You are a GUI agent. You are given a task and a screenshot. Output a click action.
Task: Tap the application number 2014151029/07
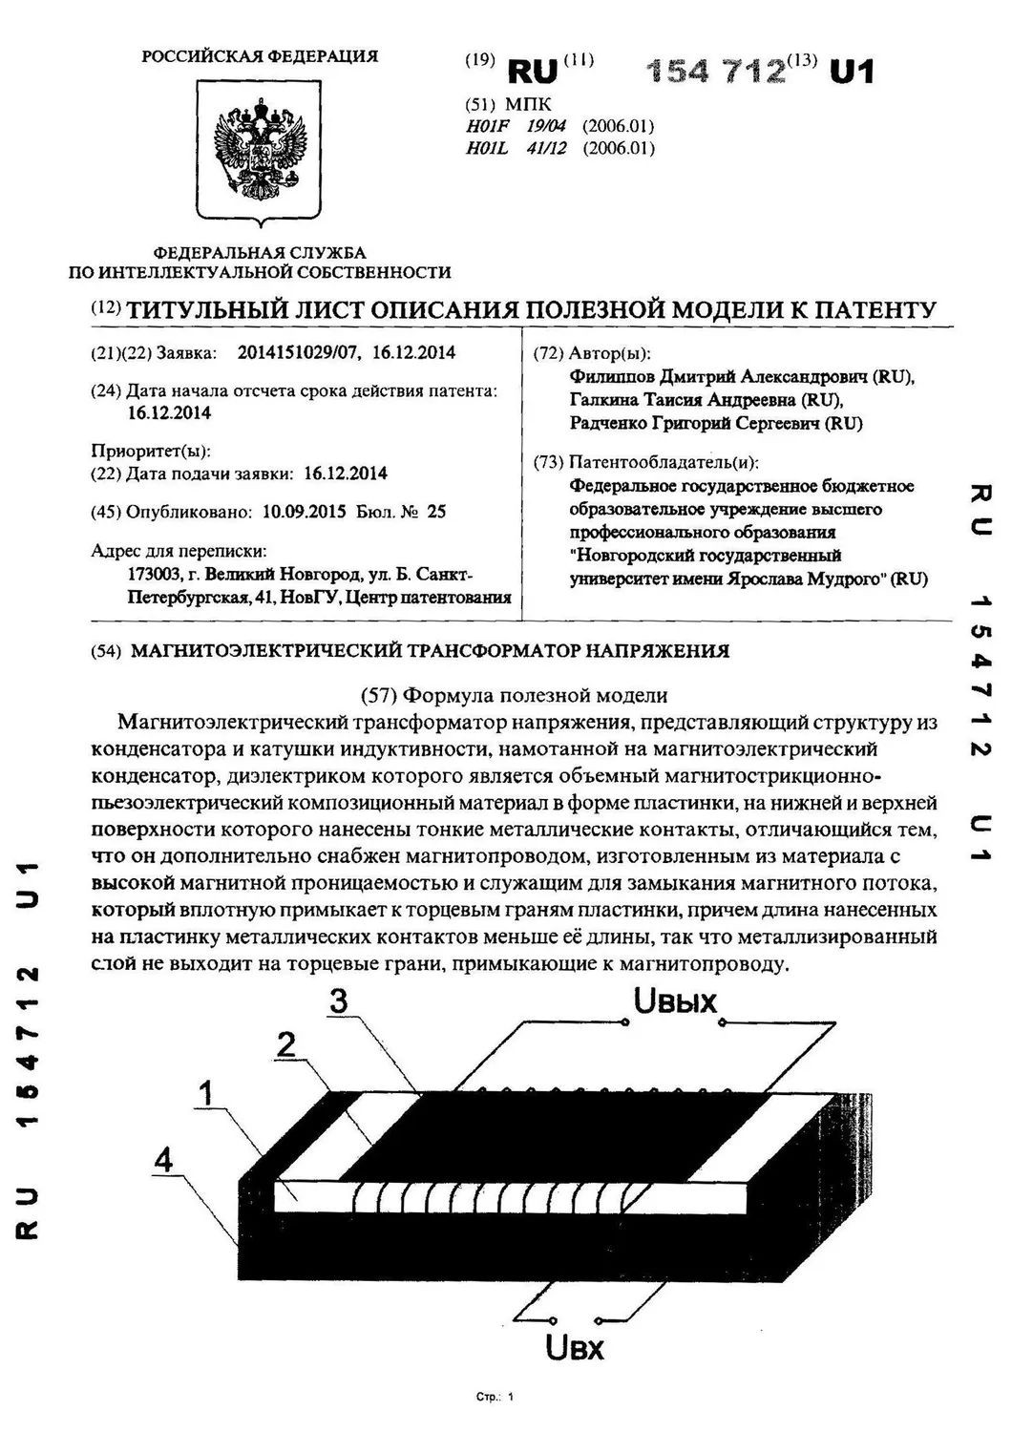(299, 352)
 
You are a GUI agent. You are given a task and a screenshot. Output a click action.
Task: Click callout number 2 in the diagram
(285, 1045)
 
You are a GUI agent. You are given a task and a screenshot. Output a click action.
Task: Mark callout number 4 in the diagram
(165, 1161)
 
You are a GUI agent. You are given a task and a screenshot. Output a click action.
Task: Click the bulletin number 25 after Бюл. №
(437, 512)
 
